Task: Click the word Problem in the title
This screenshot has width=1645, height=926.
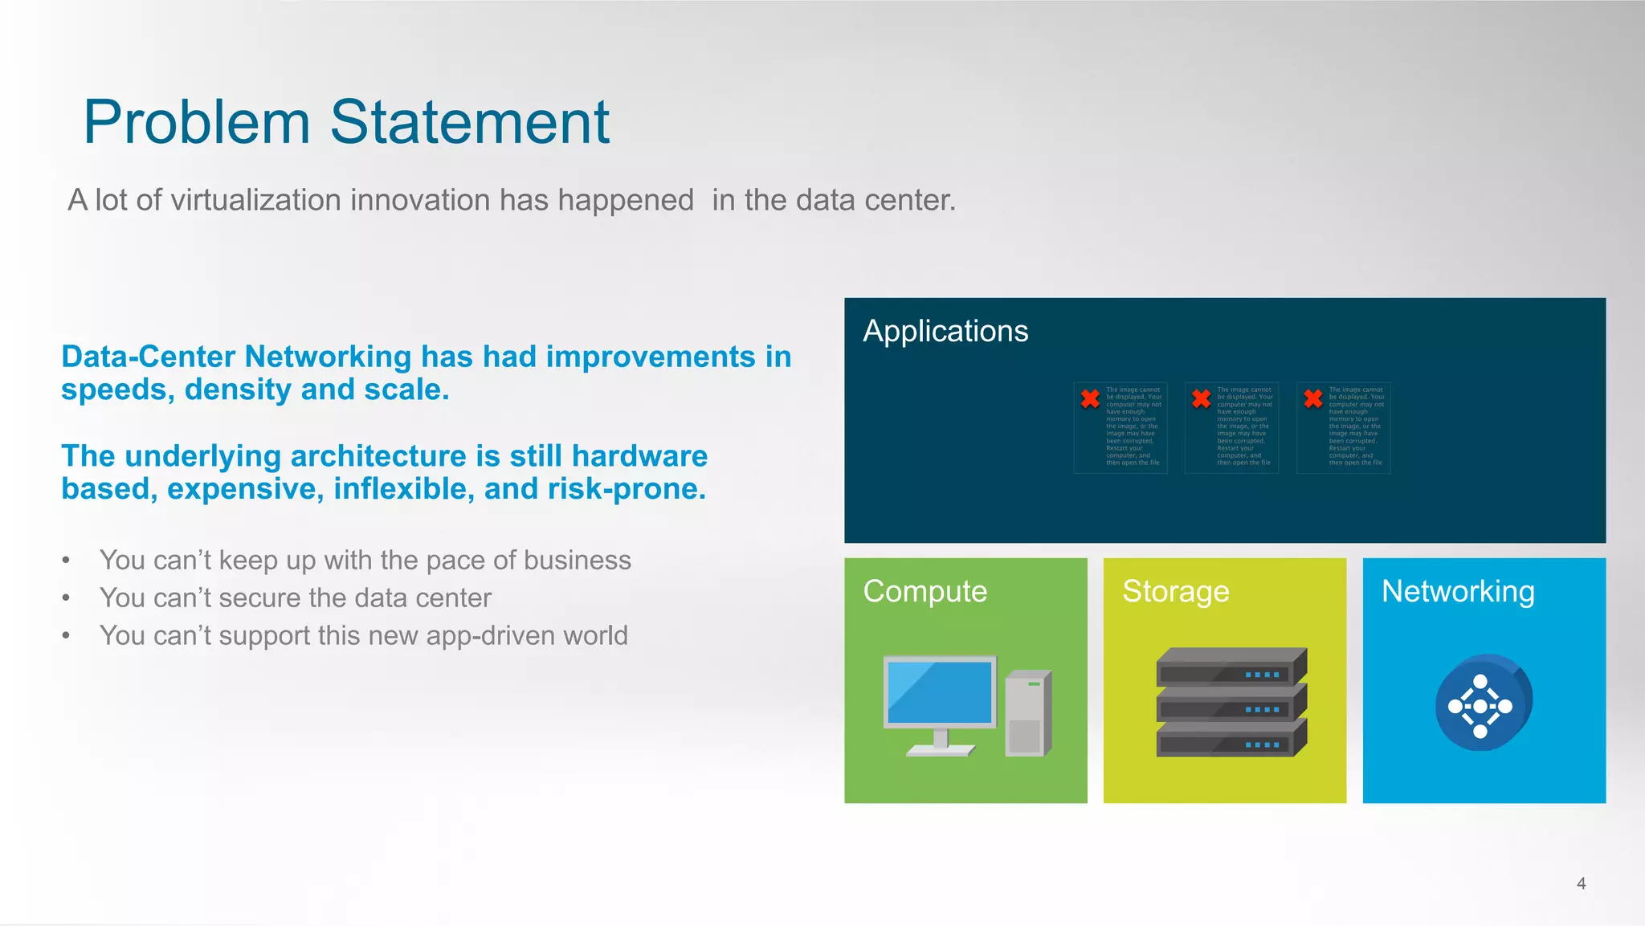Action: (197, 122)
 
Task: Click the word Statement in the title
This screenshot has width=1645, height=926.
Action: (470, 122)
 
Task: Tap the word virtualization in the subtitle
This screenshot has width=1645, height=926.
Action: (255, 200)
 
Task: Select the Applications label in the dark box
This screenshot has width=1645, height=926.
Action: (945, 331)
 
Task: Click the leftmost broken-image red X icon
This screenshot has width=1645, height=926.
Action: (1090, 398)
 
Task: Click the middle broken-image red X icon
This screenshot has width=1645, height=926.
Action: (1201, 398)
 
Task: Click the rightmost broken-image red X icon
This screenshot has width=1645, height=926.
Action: (1313, 398)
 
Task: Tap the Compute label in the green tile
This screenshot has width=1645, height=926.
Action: (925, 591)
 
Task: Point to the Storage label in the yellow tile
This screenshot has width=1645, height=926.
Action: (1175, 591)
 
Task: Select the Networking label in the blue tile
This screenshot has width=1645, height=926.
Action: (1458, 591)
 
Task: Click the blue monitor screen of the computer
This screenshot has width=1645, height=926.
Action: (939, 691)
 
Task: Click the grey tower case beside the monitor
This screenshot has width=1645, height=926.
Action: (1027, 713)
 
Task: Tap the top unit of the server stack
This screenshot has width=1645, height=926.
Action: (1231, 667)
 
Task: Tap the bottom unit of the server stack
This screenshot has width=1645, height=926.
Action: (1231, 740)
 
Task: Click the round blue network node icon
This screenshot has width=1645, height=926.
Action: (1483, 704)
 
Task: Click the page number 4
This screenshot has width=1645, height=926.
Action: (1581, 883)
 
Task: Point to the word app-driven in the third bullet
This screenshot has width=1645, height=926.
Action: (491, 635)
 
